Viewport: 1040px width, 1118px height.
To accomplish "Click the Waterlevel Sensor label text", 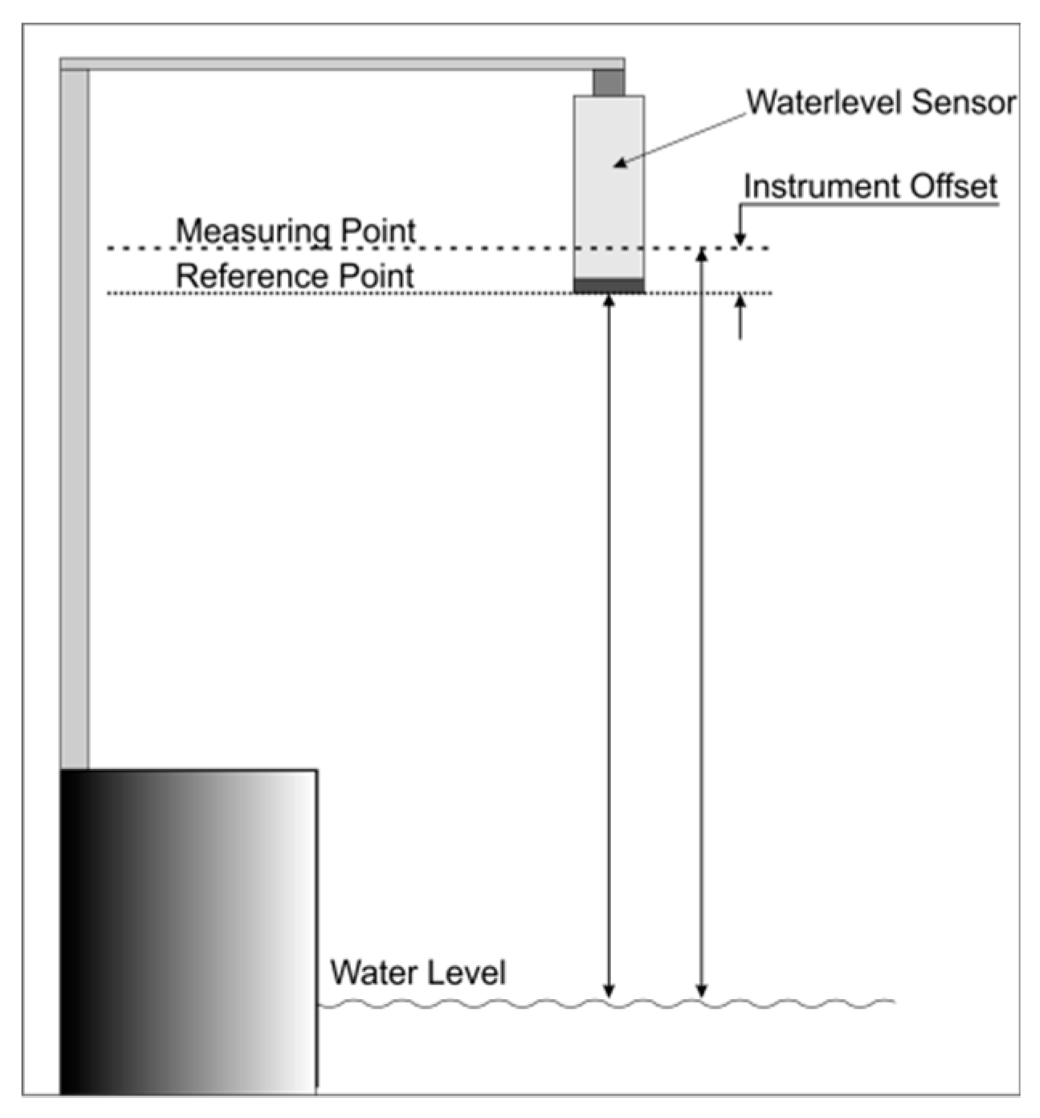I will [881, 103].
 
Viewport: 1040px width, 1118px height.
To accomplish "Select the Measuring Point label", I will [296, 231].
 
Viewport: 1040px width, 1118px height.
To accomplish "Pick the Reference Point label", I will [295, 276].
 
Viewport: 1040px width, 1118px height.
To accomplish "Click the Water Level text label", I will [418, 973].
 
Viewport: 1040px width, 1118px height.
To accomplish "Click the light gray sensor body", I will [609, 193].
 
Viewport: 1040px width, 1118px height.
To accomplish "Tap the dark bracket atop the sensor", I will [609, 82].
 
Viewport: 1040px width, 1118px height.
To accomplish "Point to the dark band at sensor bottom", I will [609, 285].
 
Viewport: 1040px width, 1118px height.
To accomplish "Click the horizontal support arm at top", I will [341, 63].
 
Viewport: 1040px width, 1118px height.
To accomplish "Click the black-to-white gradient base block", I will [189, 932].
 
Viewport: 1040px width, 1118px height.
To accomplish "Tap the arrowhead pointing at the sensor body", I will [619, 164].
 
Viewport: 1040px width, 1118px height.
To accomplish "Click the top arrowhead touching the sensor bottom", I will [609, 300].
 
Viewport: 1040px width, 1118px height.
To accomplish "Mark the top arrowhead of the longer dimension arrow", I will [702, 254].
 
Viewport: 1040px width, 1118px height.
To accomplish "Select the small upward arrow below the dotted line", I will [740, 305].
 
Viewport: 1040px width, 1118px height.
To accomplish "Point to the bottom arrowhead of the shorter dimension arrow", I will [609, 992].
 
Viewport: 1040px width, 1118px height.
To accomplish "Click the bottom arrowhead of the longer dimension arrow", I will [702, 992].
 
